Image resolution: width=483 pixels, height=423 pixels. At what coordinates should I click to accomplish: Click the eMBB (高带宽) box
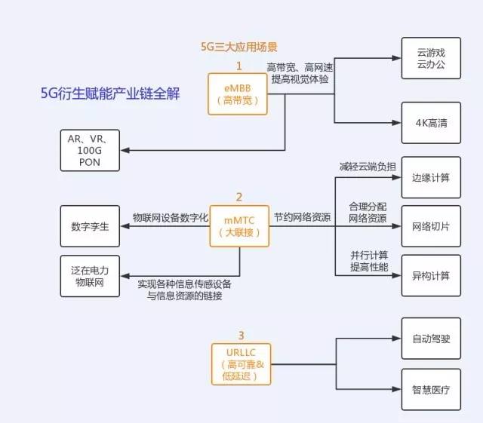238,93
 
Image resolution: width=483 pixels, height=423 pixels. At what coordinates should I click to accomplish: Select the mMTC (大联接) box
238,226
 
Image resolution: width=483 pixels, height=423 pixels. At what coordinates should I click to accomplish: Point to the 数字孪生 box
90,227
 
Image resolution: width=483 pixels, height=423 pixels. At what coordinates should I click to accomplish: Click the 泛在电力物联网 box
90,275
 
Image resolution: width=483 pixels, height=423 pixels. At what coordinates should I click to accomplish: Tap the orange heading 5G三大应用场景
238,47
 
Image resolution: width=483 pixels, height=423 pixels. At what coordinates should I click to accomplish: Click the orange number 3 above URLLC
241,335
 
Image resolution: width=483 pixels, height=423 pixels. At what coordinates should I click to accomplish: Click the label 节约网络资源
302,218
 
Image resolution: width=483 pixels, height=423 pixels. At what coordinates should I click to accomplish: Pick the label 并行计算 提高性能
368,259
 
